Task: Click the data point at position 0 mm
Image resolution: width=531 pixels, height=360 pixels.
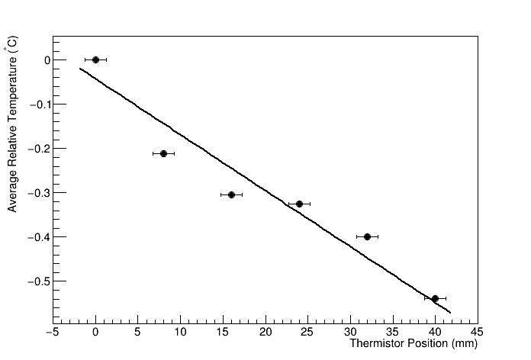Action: (95, 59)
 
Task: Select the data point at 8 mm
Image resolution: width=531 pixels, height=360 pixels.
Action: (163, 153)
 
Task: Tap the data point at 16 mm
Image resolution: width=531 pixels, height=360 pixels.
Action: (231, 194)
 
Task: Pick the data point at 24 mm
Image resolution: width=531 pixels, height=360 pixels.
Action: (299, 204)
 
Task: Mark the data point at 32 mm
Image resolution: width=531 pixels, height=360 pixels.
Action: (367, 236)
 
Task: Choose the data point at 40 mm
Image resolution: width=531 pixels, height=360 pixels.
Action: (435, 298)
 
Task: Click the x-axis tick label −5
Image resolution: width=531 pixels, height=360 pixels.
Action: (53, 332)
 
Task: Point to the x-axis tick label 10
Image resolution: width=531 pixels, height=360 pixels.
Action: (180, 332)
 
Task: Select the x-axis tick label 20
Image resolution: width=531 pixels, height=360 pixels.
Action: (265, 332)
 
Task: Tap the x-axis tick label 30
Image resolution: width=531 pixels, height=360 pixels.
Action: (350, 332)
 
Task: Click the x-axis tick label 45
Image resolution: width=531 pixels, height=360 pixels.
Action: (478, 332)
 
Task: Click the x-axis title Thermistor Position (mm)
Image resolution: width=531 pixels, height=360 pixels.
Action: (413, 344)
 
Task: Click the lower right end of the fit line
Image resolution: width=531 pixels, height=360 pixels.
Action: (451, 313)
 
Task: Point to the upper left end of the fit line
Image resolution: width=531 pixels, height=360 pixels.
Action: (79, 69)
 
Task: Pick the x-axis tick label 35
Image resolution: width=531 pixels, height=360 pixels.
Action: (393, 332)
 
